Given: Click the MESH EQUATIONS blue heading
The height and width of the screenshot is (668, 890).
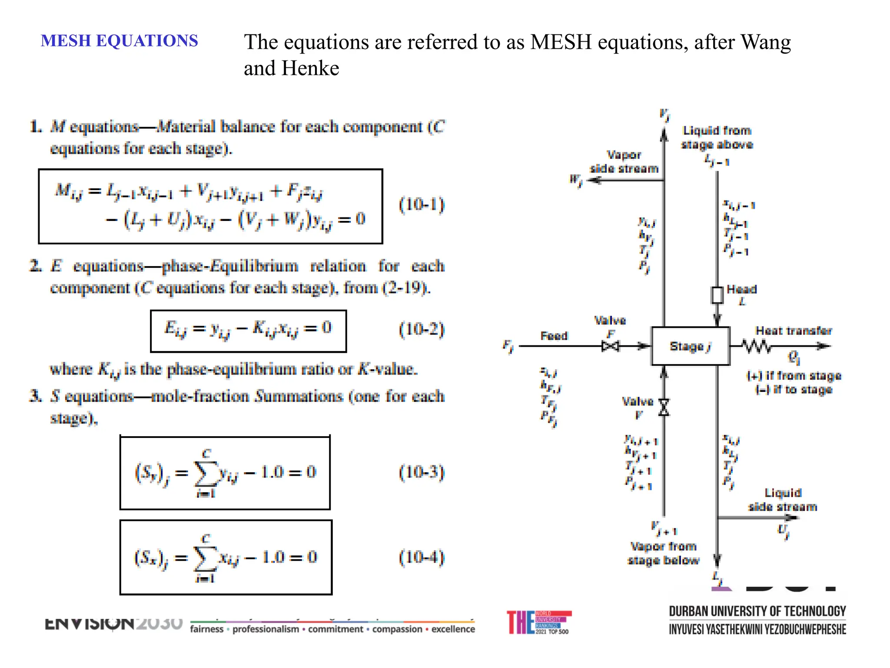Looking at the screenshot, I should (119, 41).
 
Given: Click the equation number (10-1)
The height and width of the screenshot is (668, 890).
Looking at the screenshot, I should (422, 204).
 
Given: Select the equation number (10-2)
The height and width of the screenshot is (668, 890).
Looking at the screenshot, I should (422, 329).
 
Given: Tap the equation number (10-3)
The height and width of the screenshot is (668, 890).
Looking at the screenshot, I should (422, 472).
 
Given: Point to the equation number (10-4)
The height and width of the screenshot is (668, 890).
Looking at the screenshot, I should (422, 557).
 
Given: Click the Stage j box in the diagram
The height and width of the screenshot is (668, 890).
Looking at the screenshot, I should (690, 346).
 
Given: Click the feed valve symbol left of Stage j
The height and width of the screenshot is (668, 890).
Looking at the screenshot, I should (611, 346).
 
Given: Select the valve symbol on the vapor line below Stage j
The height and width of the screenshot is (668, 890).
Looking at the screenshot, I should (664, 407).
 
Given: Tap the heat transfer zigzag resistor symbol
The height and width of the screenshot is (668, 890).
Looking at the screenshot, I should (757, 346).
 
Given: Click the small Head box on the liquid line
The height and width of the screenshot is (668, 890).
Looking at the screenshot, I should (717, 295).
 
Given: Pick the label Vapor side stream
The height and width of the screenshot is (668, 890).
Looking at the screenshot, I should (624, 162).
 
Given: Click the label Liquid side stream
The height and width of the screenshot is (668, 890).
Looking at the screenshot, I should (783, 500).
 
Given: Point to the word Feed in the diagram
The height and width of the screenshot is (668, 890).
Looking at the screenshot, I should (554, 336).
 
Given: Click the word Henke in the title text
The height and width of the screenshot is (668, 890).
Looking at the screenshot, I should (310, 68).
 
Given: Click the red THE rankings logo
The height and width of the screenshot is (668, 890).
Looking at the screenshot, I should (538, 622).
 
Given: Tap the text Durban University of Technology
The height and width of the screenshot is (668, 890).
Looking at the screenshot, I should (757, 611).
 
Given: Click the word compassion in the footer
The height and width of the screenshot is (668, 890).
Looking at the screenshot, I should (397, 629).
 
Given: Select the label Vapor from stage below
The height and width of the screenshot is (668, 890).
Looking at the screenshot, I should (664, 553).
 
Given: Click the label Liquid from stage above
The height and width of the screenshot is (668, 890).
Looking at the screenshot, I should (717, 137).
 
